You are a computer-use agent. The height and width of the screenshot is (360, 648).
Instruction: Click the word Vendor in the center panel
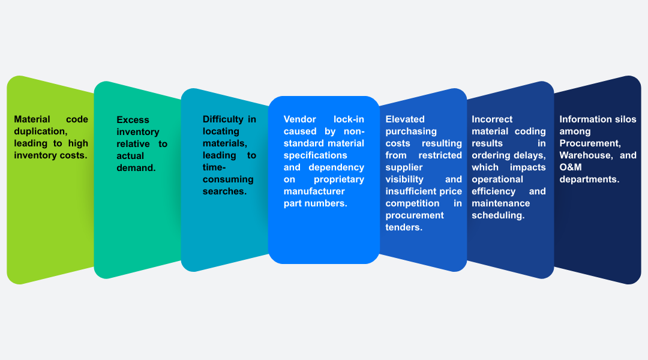click(299, 119)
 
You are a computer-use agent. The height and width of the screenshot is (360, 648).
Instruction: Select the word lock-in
click(349, 119)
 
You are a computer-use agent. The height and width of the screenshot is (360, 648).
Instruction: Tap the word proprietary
click(339, 179)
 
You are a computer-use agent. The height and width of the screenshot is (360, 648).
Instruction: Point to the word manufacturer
click(314, 191)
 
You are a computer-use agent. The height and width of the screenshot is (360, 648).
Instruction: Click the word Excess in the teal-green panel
click(133, 120)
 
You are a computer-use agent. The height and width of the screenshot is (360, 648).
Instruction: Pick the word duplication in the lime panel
click(41, 131)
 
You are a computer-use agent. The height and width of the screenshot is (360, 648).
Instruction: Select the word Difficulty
click(223, 119)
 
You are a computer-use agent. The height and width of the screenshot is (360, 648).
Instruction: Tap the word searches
click(224, 191)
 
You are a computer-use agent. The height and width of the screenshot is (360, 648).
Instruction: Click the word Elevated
click(405, 119)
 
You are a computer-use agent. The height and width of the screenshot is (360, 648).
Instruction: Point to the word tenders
click(404, 227)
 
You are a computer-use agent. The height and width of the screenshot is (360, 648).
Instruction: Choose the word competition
click(412, 203)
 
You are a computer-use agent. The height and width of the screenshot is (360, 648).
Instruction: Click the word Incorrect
click(492, 119)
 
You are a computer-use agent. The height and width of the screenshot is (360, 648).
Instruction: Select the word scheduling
click(498, 215)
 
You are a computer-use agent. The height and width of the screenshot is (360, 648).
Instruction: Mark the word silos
click(625, 119)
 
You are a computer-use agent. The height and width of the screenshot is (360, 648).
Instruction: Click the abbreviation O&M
click(571, 167)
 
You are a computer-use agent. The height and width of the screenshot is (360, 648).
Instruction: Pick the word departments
click(589, 179)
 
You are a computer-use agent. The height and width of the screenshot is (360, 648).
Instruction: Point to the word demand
click(136, 168)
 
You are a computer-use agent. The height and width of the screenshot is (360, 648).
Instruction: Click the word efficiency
click(493, 191)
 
